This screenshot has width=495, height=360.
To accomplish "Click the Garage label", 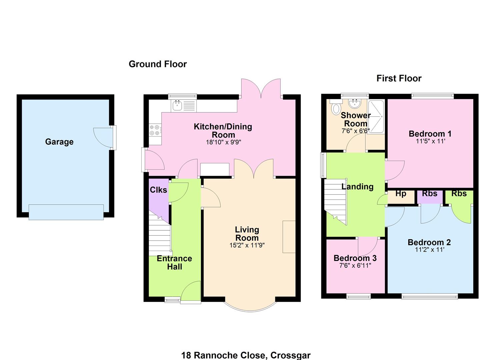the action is (59, 142).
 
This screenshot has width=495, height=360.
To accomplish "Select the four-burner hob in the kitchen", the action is (155, 130).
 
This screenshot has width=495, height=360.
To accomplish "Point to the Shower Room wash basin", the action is (355, 103).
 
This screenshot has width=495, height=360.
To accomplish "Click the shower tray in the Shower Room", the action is (376, 116).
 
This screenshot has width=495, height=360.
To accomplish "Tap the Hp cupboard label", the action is (401, 194).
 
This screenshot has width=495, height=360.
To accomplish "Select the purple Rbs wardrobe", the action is (430, 197).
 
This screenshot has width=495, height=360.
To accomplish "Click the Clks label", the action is (158, 190).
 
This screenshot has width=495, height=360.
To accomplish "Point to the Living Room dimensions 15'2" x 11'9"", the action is (247, 245).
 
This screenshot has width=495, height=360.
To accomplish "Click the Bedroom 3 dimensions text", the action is (355, 265).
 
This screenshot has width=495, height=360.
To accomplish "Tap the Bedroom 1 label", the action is (430, 134).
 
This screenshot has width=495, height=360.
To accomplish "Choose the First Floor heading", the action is (399, 78).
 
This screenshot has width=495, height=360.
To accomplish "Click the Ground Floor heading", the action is (158, 64).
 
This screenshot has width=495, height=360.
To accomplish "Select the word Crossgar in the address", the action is (291, 355).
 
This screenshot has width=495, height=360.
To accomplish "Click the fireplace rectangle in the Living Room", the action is (289, 236).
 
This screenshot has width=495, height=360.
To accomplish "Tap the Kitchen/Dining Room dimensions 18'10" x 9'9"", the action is (223, 142).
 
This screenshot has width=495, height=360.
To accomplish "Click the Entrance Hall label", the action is (174, 263).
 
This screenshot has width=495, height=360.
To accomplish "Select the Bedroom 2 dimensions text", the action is (430, 250).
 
